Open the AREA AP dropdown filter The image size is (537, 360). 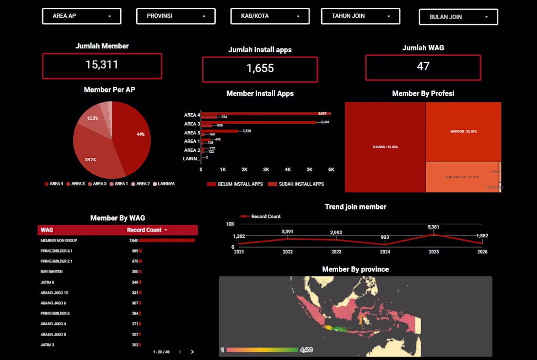[82, 16]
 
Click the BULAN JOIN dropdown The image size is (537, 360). [458, 17]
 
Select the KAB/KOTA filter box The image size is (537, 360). [270, 16]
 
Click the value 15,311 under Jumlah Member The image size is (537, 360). [102, 64]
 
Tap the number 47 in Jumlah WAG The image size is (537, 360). [423, 66]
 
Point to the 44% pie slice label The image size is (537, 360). [141, 134]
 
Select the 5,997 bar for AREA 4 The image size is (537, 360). [266, 113]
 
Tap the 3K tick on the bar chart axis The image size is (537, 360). [266, 169]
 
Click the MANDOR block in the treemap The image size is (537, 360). [463, 131]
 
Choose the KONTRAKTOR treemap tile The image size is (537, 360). [462, 176]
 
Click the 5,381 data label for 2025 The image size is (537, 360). [434, 227]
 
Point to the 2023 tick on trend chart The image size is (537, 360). [336, 252]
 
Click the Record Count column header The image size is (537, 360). [144, 230]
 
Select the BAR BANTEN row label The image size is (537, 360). [52, 272]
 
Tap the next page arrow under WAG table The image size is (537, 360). [192, 352]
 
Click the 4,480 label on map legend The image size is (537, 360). [306, 350]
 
